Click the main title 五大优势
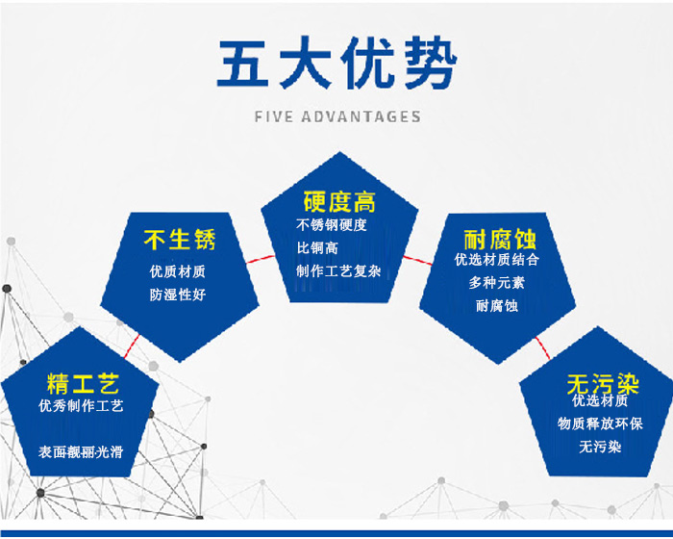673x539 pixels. click(x=337, y=63)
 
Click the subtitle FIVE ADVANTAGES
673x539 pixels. click(x=337, y=116)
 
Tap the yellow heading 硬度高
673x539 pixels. click(x=339, y=202)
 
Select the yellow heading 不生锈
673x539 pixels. click(x=180, y=240)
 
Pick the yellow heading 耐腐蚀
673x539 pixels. click(x=500, y=240)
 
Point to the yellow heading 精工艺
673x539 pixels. click(x=83, y=384)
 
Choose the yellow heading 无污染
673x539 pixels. click(x=603, y=384)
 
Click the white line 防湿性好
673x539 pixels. click(x=178, y=295)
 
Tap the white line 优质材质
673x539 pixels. click(x=178, y=271)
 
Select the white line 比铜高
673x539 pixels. click(x=317, y=248)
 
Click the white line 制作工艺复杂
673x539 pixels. click(x=338, y=271)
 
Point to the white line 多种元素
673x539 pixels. click(x=497, y=283)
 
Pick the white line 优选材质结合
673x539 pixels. click(x=497, y=260)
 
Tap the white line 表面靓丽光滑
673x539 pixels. click(x=81, y=451)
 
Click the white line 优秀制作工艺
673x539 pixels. click(x=81, y=405)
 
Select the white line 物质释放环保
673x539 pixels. click(x=600, y=423)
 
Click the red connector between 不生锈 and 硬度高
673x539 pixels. click(x=261, y=259)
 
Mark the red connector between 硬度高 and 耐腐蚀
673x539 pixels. click(x=417, y=261)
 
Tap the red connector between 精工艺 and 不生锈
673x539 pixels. click(x=132, y=346)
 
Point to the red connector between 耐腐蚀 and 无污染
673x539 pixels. click(x=542, y=348)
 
